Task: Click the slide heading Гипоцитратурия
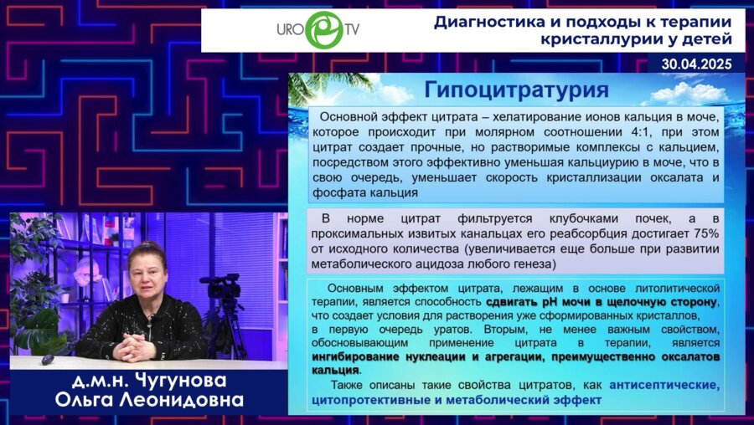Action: [x=516, y=90]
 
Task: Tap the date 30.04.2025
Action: [x=696, y=63]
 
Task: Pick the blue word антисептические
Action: [x=664, y=385]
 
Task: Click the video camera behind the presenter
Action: [x=223, y=289]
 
